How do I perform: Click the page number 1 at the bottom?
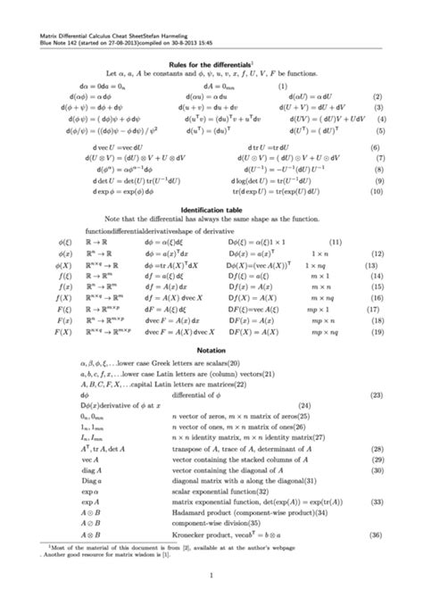(211, 583)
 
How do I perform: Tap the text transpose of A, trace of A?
(268, 452)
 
